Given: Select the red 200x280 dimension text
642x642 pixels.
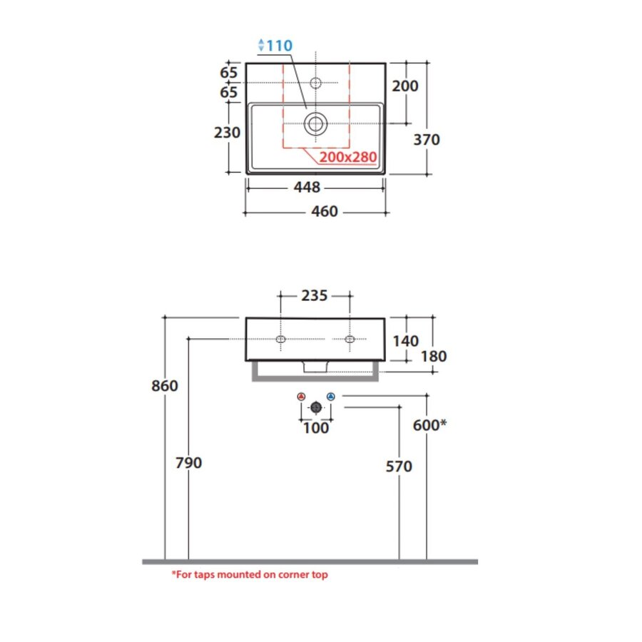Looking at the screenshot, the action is coord(348,157).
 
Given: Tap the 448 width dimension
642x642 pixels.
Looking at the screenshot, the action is coord(307,187).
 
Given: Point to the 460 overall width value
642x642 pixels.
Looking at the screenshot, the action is coord(325,211).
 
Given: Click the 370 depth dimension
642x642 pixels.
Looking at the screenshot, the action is coord(427,140).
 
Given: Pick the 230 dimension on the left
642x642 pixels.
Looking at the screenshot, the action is coord(227,133).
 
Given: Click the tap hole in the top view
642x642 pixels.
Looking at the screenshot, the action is coord(315,83).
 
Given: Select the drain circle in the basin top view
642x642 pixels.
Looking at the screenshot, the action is coord(315,123).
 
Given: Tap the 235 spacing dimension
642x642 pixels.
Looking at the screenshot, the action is coord(315,295).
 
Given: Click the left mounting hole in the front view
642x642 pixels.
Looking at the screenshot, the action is coord(280,339).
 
